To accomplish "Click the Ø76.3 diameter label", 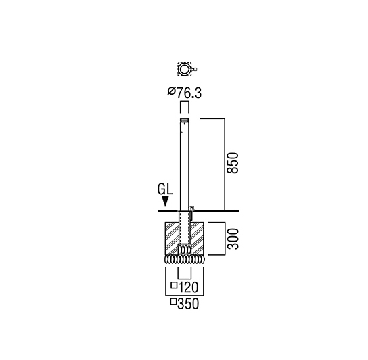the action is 185,93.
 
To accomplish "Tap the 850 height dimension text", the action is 233,163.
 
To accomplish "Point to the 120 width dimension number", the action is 189,287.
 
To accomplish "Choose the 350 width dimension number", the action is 188,304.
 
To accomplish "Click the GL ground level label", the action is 165,189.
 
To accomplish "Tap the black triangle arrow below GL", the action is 166,202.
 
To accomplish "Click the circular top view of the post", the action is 185,69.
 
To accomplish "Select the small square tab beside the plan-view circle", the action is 195,69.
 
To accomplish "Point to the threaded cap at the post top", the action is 185,120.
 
